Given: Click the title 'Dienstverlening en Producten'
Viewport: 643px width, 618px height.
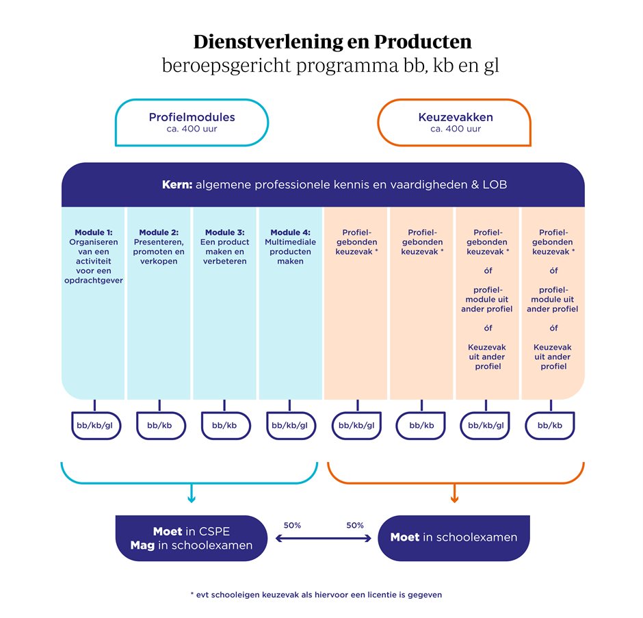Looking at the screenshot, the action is click(332, 42).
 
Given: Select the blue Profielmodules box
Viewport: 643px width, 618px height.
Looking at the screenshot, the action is click(192, 123).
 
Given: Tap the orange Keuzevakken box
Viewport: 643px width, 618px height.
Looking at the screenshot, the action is click(454, 123).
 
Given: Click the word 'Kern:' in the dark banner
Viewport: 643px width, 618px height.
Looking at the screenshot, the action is click(177, 185).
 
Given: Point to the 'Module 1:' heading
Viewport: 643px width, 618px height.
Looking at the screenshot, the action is click(94, 232).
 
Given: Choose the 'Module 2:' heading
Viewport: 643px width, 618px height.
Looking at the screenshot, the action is click(159, 232).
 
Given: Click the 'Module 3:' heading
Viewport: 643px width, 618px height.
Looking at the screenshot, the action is click(225, 232).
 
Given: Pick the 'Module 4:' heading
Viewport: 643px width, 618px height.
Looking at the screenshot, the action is click(290, 232).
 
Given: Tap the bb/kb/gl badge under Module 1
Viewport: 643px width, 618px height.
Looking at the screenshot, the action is click(96, 426).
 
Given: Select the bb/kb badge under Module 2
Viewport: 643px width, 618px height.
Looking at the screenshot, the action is click(161, 426).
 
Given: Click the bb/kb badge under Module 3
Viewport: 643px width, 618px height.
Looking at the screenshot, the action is click(226, 426).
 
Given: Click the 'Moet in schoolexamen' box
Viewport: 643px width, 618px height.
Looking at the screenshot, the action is click(454, 538).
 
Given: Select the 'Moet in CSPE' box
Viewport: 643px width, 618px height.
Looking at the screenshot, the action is click(192, 538).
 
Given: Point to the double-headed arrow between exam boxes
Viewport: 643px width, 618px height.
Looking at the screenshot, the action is click(323, 539).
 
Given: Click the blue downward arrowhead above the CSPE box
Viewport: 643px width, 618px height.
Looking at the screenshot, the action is click(192, 499).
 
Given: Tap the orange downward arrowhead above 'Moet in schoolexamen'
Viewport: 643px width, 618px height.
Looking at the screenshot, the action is click(454, 499).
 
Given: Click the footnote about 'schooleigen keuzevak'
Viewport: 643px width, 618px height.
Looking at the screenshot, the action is click(316, 595).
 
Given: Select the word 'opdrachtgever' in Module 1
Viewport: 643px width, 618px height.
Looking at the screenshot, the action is click(94, 281).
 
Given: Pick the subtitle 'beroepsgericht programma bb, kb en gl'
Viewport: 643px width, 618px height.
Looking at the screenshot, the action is click(330, 66).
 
